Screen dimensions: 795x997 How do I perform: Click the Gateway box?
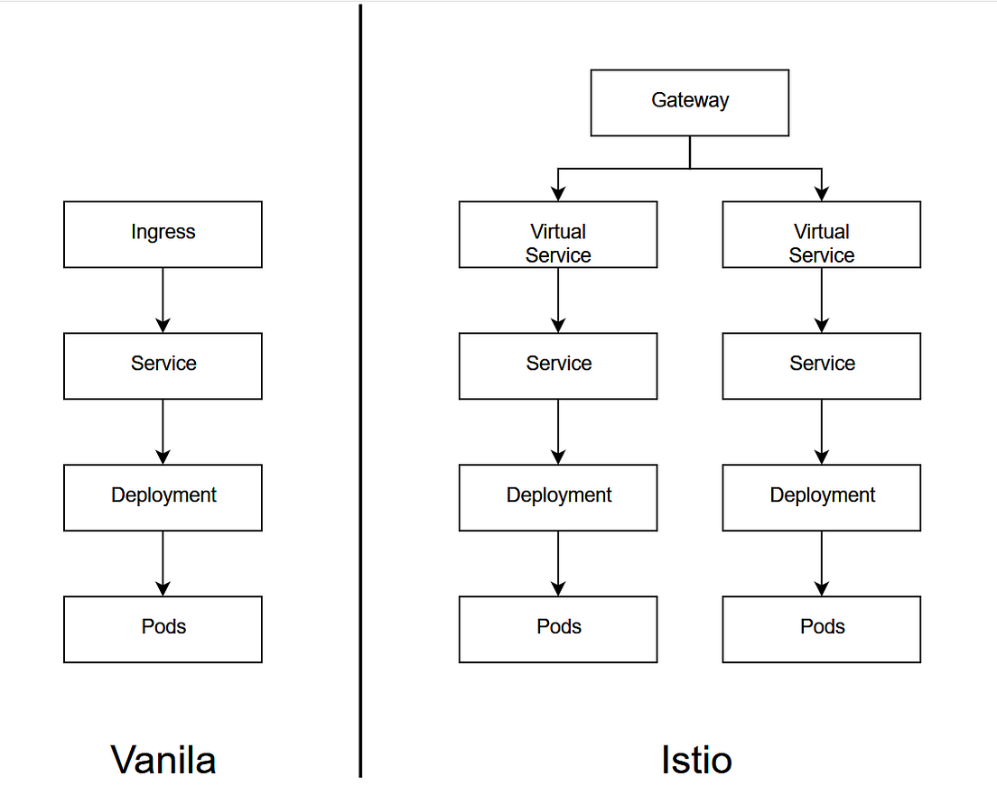(x=689, y=103)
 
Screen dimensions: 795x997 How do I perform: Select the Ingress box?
(x=163, y=235)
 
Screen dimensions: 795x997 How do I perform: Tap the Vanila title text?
(x=163, y=760)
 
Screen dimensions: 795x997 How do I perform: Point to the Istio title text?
(x=695, y=760)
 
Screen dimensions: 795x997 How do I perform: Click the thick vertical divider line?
(x=360, y=388)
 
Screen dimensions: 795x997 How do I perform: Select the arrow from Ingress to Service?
(x=163, y=300)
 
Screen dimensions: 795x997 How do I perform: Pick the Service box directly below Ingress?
(x=163, y=366)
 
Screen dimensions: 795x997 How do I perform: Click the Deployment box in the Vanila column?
(x=163, y=498)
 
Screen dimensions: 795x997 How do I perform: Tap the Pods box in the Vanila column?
(x=163, y=629)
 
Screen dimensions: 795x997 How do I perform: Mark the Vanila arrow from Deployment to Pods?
(x=163, y=564)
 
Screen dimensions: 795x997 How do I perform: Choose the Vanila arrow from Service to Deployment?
(x=163, y=432)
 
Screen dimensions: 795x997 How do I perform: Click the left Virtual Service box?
(x=558, y=235)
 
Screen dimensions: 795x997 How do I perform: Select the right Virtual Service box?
(x=821, y=235)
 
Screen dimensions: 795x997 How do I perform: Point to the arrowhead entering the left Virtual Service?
(x=558, y=193)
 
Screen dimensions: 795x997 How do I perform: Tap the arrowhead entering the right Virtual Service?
(x=821, y=193)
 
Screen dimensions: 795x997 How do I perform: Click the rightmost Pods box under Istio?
(x=821, y=629)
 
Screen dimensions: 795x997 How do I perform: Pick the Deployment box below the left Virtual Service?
(x=558, y=498)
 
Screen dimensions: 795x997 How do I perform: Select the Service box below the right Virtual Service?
(x=821, y=366)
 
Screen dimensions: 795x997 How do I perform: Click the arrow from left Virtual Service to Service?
(x=558, y=300)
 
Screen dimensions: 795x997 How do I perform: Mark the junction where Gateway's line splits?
(x=690, y=169)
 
